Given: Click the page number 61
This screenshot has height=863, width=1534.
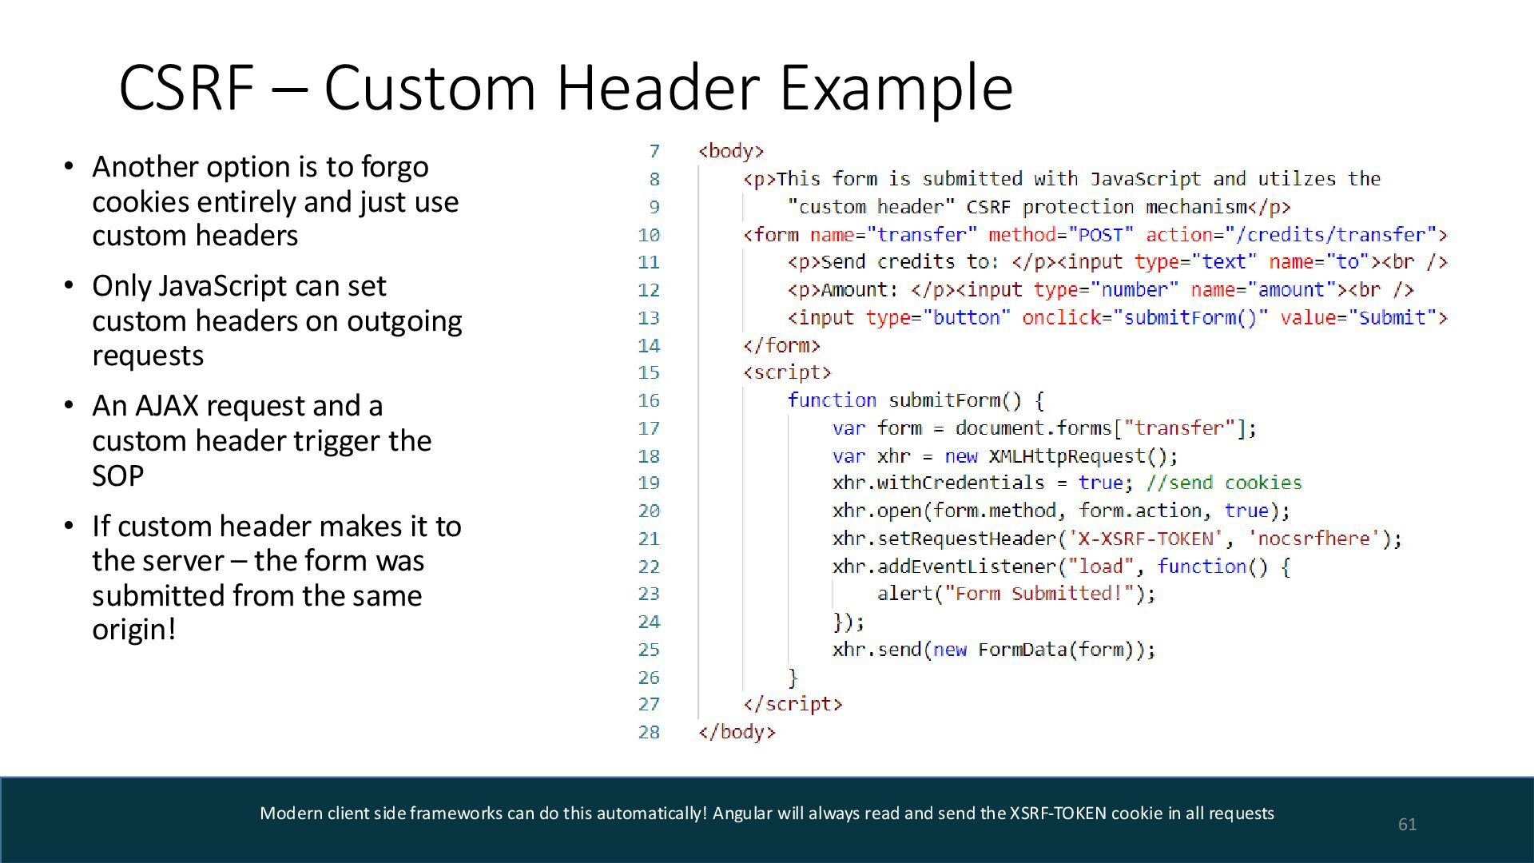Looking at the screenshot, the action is click(1407, 824).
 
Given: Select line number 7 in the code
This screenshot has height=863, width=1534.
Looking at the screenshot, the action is click(654, 151).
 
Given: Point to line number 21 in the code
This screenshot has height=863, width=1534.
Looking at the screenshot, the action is click(649, 539).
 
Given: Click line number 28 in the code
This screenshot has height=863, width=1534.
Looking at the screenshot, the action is click(649, 732).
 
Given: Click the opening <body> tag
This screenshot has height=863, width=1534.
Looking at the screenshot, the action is click(731, 151).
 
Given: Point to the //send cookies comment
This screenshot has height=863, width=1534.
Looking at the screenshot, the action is click(1224, 483).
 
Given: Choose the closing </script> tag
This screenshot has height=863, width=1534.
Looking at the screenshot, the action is click(793, 704).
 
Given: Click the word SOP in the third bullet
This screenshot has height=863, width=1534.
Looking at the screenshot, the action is click(118, 476).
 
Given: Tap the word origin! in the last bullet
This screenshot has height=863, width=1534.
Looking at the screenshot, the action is click(133, 630).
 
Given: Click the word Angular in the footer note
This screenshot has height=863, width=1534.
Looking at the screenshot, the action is click(742, 813).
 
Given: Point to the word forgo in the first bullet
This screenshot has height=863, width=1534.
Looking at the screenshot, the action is click(395, 167).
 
